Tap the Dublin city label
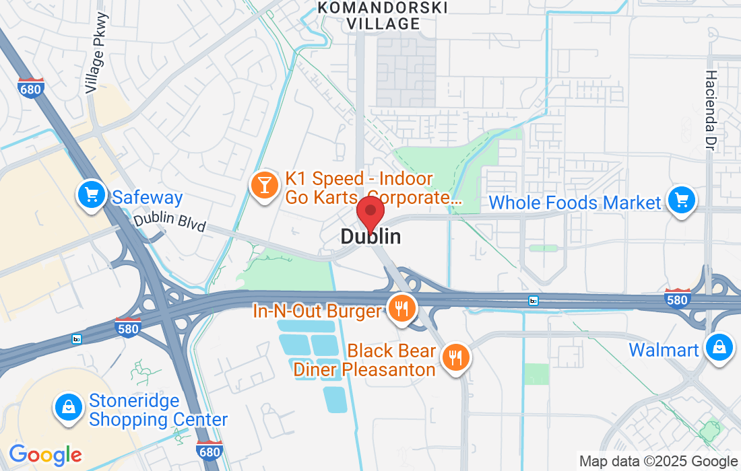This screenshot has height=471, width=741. point(370,236)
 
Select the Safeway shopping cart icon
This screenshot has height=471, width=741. point(92,196)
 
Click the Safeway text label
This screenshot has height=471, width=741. point(147,197)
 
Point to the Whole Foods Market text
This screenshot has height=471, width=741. point(575,202)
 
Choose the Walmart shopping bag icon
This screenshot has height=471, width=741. point(719,348)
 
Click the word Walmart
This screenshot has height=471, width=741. point(664,350)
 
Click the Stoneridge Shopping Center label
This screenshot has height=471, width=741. point(158,410)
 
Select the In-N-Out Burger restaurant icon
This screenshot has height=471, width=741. point(402,309)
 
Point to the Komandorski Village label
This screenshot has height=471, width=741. point(383,15)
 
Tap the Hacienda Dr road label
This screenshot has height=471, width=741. point(713,111)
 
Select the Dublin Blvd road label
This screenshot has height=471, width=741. point(169,223)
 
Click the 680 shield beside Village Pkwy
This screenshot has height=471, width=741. point(32,88)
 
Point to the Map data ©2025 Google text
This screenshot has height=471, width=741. point(658,462)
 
